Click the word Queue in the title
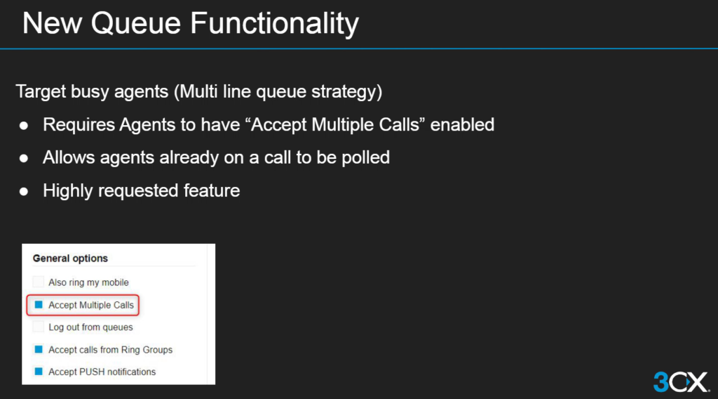[135, 23]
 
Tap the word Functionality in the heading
[274, 24]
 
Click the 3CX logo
[682, 381]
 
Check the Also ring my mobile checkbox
[39, 282]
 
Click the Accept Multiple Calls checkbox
[39, 305]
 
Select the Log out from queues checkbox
[39, 327]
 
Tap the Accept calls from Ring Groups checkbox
[39, 349]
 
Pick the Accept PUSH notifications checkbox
[39, 372]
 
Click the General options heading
[70, 259]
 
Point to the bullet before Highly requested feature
[24, 191]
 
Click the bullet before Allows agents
[24, 158]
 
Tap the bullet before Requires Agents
[24, 125]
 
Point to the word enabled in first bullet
[462, 125]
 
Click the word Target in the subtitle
[41, 92]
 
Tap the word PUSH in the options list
[93, 372]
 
